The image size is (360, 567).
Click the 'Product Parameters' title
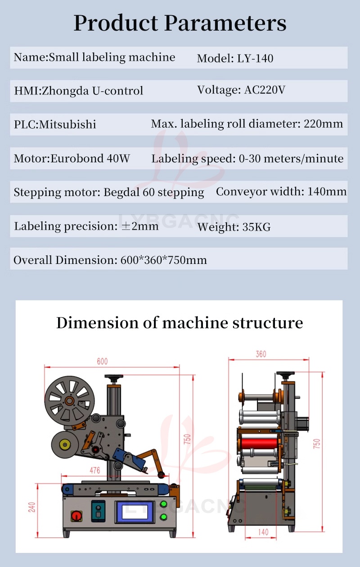click(180, 22)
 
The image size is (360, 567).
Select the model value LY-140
click(255, 58)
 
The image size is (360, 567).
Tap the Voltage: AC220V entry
click(241, 90)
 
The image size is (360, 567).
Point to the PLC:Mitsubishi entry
click(55, 125)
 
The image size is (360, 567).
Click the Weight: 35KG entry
click(234, 227)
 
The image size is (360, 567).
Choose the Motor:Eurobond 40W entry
click(72, 158)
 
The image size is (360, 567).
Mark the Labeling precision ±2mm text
click(86, 226)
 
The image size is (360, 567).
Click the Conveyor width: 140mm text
click(281, 192)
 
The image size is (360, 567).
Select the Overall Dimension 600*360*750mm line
click(110, 260)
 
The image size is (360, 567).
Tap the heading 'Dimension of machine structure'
click(180, 323)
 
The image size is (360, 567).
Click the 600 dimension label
click(102, 362)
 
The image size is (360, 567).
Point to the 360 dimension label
click(261, 354)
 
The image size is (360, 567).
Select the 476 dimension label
click(94, 470)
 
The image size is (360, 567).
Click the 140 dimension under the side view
click(263, 532)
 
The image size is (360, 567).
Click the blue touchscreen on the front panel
click(134, 512)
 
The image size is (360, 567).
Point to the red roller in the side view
click(259, 443)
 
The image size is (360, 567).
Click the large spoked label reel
click(69, 400)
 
